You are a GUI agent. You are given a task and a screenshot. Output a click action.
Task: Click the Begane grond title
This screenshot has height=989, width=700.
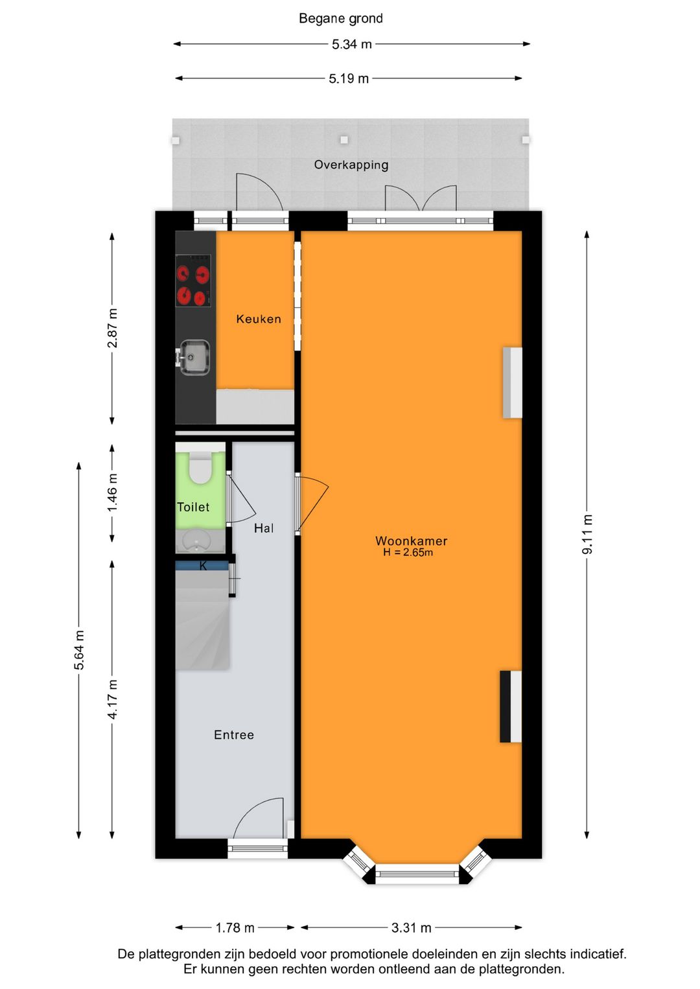click(340, 19)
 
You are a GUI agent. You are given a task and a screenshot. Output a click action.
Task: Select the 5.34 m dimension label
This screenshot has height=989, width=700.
click(352, 45)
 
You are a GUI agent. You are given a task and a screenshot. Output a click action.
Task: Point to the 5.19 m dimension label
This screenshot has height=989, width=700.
click(349, 79)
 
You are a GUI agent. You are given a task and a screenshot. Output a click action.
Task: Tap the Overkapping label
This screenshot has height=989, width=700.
click(351, 165)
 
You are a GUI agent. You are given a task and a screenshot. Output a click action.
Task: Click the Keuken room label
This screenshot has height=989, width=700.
click(259, 319)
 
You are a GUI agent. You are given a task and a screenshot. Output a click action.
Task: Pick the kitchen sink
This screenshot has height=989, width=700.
click(194, 357)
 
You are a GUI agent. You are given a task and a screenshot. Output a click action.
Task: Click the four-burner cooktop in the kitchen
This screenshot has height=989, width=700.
click(193, 281)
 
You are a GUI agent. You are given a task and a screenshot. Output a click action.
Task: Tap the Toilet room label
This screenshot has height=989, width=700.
click(193, 507)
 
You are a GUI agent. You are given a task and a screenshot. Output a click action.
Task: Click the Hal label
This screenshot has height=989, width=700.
click(263, 528)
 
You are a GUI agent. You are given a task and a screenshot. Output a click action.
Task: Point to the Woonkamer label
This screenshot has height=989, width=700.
click(411, 541)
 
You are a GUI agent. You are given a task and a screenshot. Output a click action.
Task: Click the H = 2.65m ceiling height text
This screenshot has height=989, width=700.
click(408, 553)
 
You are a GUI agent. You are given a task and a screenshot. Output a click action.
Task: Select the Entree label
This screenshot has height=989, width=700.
click(234, 735)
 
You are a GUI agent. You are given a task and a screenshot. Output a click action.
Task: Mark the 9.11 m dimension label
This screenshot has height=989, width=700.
click(587, 534)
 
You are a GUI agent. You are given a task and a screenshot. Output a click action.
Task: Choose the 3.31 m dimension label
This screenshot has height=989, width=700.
click(411, 928)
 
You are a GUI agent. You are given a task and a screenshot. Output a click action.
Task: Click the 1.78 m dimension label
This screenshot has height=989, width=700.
click(235, 928)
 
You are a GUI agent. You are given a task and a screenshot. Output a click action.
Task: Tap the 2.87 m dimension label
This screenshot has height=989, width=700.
click(113, 328)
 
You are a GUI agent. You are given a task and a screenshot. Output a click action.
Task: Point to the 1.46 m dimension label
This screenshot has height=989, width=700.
click(113, 493)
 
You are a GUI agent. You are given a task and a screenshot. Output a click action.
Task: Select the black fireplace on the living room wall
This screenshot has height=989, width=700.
click(511, 706)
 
